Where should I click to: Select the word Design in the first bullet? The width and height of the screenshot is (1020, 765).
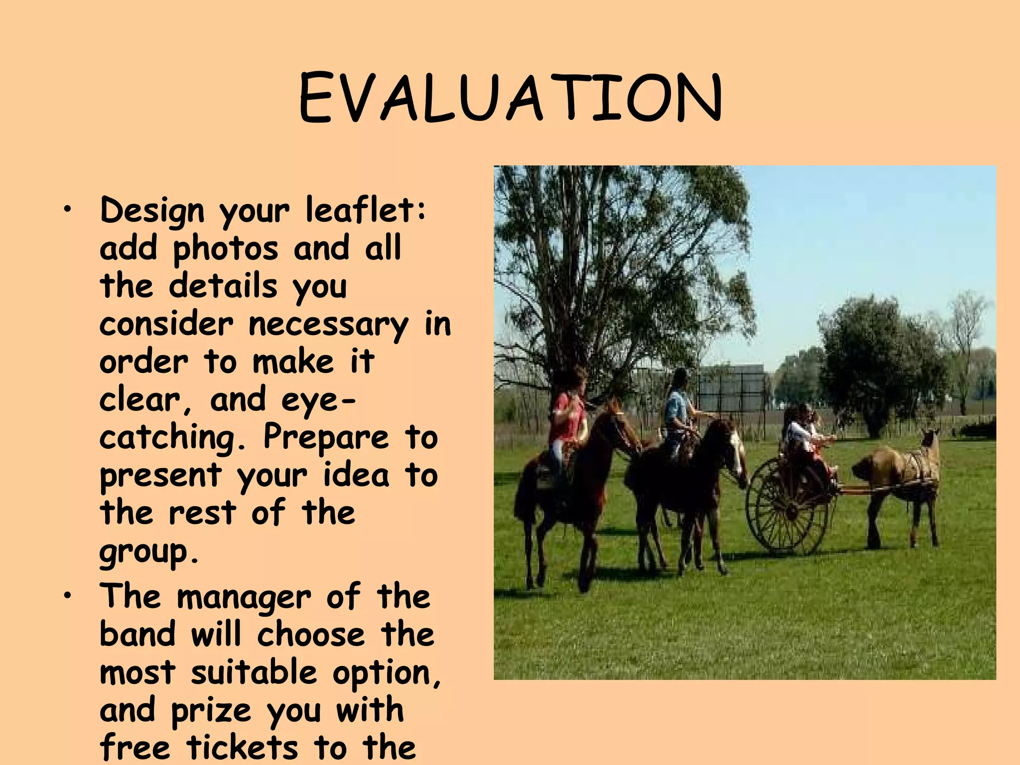[152, 211]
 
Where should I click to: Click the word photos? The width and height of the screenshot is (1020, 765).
[225, 249]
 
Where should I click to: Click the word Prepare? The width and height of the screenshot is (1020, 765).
[326, 438]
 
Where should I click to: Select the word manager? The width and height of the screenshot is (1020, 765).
[243, 597]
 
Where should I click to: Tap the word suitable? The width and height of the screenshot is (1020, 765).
[254, 672]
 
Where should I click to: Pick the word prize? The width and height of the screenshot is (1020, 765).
[211, 711]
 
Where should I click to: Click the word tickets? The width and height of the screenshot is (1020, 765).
[243, 748]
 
